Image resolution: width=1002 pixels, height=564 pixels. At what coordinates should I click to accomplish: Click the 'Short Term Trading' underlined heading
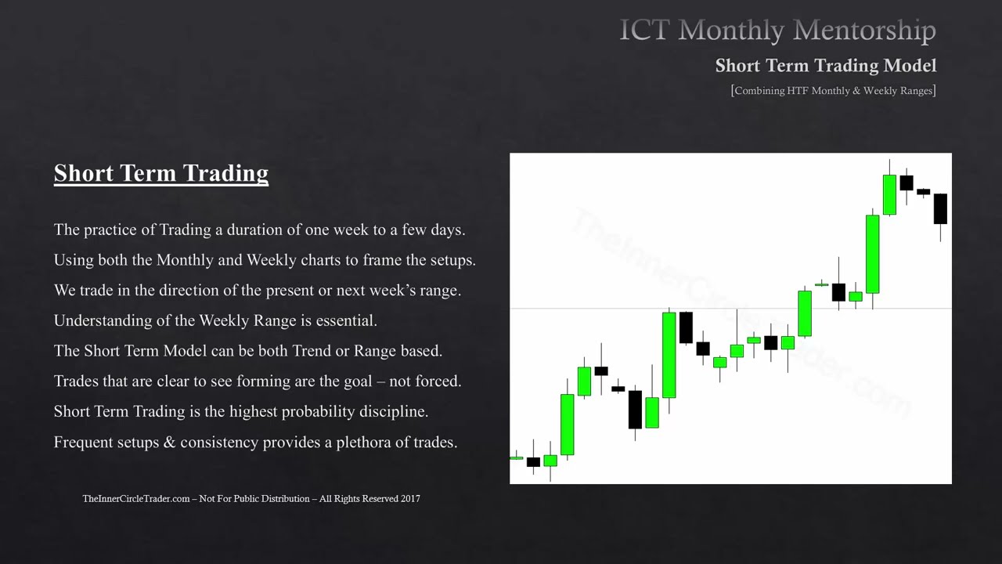coord(160,173)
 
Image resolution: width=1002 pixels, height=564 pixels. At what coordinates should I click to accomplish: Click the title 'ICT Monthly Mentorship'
coord(777,31)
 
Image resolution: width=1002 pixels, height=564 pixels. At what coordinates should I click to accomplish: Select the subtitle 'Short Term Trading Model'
coord(825,66)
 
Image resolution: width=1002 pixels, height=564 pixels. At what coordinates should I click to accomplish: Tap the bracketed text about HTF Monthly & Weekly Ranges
coord(833,91)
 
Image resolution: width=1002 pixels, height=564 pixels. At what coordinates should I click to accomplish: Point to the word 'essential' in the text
coord(347,320)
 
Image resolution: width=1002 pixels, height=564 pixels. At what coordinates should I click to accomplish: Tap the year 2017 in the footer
coord(409,499)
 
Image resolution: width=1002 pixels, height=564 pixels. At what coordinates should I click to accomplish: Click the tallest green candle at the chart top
coord(872,253)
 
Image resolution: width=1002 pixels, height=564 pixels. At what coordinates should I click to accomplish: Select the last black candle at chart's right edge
coord(940,209)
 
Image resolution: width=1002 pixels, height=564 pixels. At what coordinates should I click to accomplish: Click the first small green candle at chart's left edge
coord(516,457)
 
